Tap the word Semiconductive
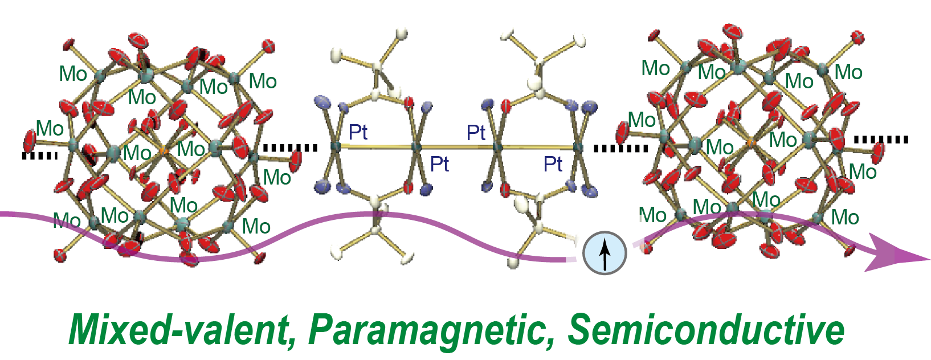point(706,329)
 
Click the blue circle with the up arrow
point(605,253)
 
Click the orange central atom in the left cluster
point(163,151)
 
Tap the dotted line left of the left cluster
point(40,156)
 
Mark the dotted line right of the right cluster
point(880,140)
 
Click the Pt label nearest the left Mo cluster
point(358,133)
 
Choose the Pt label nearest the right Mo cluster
point(553,165)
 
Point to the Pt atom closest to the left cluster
point(336,147)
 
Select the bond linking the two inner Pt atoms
point(456,148)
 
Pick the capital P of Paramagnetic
point(323,329)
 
